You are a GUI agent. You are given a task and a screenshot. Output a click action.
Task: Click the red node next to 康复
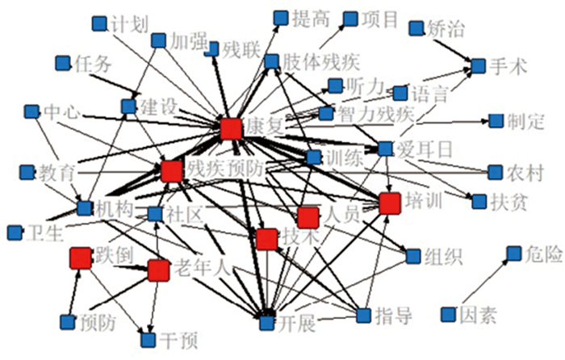click(231, 128)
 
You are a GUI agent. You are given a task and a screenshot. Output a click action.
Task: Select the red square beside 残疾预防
click(170, 171)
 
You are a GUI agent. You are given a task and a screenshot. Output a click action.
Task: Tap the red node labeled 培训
click(390, 203)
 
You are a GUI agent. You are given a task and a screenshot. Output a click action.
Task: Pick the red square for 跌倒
click(79, 257)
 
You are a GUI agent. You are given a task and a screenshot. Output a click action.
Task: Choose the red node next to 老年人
click(158, 270)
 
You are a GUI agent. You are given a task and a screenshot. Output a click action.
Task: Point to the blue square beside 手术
click(478, 65)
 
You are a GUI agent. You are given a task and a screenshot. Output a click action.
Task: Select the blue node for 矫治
click(416, 29)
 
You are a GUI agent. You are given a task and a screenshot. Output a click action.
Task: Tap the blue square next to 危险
click(513, 255)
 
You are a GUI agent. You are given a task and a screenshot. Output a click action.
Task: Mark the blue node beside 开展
click(266, 323)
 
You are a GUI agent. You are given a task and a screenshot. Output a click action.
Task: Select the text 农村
click(528, 173)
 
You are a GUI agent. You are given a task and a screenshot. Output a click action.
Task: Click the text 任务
click(91, 65)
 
